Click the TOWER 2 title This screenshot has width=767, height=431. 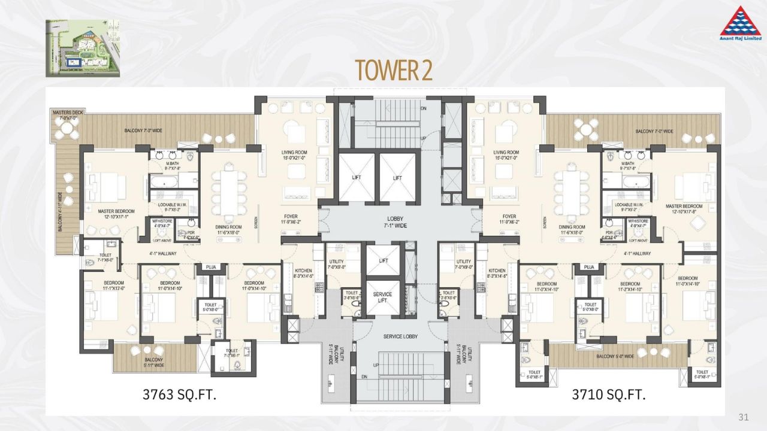(x=394, y=71)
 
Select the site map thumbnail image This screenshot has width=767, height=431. (x=83, y=48)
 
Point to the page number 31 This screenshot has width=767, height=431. (x=744, y=417)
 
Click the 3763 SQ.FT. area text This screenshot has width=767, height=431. (x=179, y=394)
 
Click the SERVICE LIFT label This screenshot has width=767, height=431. (x=382, y=298)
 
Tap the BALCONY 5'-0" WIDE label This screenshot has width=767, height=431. (x=615, y=357)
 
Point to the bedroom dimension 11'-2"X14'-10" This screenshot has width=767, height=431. (x=630, y=289)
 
